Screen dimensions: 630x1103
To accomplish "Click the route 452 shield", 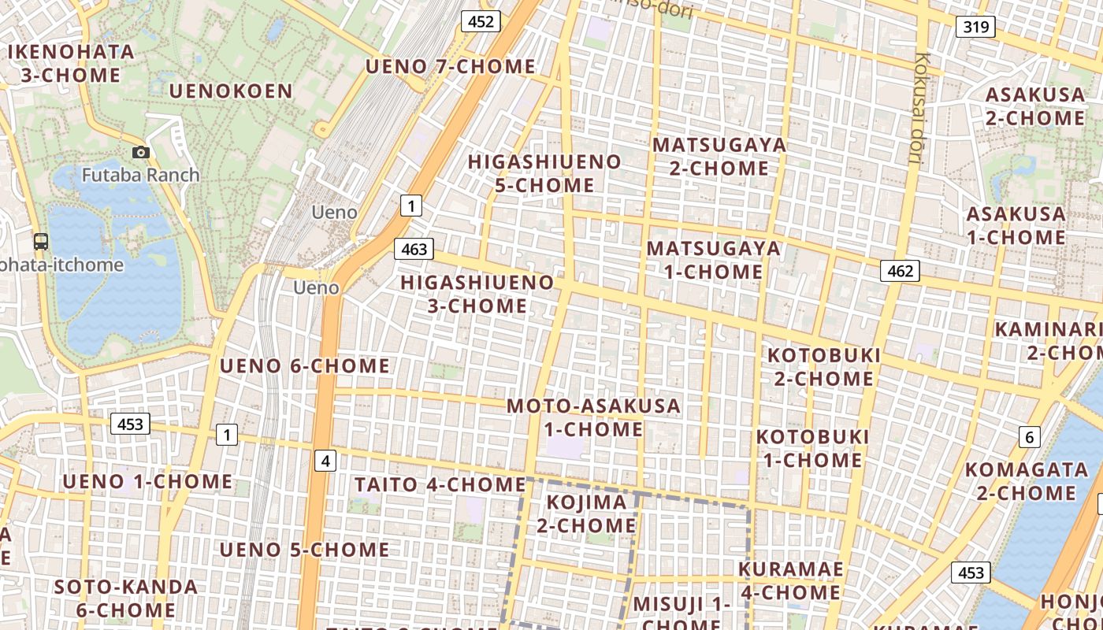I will [481, 21].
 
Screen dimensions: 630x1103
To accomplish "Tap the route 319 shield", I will [975, 28].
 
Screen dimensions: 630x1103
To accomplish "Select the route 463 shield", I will [414, 250].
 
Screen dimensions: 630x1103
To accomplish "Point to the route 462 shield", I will [900, 272].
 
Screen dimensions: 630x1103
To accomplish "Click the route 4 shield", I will [325, 461].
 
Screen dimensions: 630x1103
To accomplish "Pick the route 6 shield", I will [1029, 437].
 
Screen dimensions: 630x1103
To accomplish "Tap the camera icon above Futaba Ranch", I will [141, 152].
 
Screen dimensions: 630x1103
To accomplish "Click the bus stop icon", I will [41, 242].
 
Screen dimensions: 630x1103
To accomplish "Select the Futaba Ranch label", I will [141, 175].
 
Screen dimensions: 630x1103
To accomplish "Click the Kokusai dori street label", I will [919, 109].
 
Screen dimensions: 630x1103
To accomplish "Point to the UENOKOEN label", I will [231, 91].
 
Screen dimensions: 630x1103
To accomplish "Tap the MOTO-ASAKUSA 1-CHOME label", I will [593, 417].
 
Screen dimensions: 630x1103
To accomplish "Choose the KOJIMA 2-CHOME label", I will [587, 513].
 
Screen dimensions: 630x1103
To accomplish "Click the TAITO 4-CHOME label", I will [440, 484].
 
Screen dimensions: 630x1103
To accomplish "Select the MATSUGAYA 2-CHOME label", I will [719, 157].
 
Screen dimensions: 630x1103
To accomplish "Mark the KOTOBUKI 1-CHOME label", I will [813, 448].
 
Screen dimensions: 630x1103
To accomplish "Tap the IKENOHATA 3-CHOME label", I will [71, 64].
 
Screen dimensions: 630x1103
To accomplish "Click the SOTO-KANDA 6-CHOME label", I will [126, 598].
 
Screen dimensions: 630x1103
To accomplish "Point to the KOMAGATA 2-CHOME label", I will [1026, 481].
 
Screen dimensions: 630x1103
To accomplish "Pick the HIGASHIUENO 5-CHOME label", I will [544, 173].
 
